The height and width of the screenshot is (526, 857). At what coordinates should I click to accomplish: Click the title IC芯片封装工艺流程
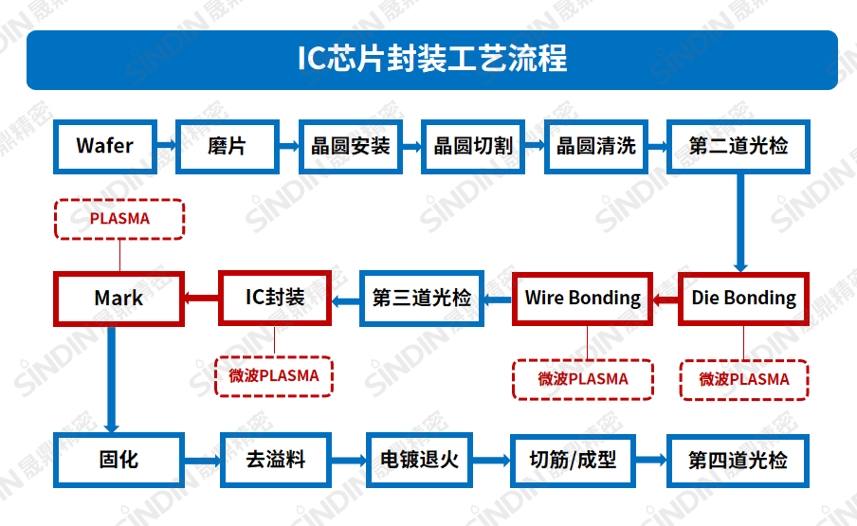432,59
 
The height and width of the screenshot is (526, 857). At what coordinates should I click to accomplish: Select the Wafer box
105,146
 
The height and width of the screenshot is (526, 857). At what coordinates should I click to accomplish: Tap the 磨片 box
228,146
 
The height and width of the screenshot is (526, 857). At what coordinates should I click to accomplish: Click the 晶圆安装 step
350,146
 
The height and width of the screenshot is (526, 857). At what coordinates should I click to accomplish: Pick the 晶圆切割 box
472,146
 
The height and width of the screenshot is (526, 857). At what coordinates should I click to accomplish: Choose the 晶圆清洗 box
595,146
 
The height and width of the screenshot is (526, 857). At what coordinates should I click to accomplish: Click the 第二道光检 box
738,146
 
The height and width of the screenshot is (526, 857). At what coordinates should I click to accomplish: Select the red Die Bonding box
743,299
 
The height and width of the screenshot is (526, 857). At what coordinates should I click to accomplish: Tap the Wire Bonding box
583,299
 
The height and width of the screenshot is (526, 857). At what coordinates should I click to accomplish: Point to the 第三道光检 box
422,299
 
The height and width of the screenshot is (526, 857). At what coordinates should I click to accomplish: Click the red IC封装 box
275,298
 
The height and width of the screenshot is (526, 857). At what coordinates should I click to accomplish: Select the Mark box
119,299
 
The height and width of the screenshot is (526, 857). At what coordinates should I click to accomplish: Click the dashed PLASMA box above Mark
119,219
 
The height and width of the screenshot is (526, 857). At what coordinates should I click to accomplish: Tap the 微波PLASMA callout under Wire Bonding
583,379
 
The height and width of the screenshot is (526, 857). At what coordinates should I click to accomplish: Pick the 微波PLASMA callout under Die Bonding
743,379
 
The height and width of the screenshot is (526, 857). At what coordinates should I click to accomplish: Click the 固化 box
119,461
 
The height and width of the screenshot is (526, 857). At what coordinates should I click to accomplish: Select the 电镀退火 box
419,461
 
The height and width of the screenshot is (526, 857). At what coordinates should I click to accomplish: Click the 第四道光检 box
738,461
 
